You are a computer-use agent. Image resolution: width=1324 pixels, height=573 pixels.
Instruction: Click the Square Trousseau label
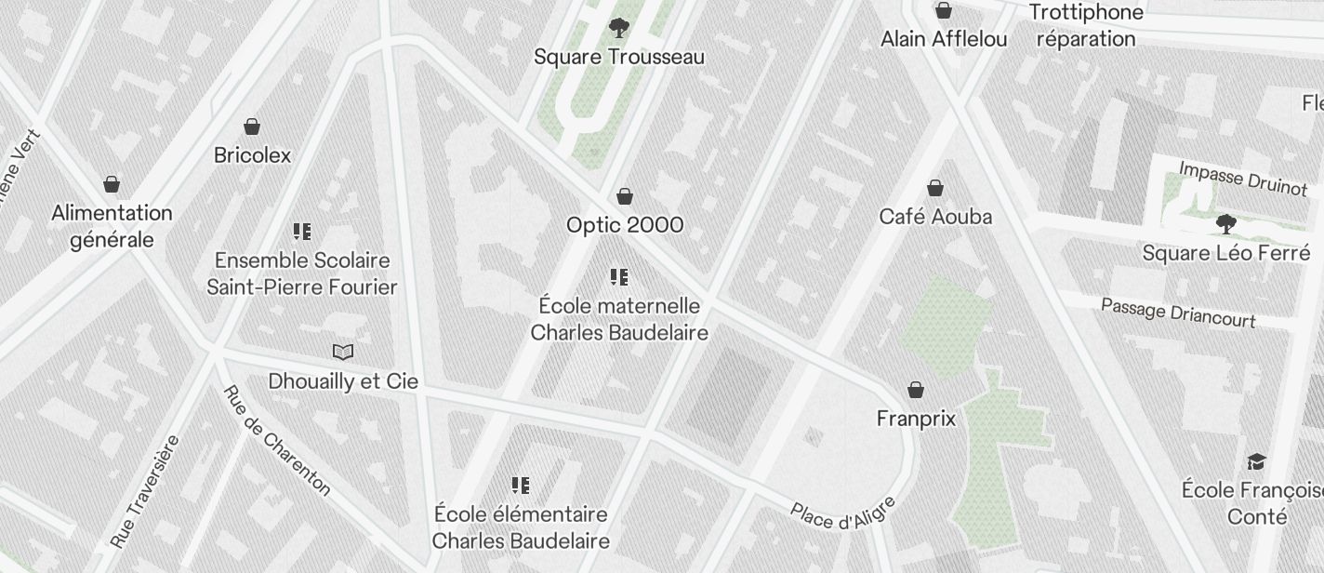coord(618,57)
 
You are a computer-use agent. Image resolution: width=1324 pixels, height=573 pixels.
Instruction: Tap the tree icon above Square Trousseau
coord(618,28)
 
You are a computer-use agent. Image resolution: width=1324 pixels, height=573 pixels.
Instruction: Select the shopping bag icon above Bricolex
coord(252,126)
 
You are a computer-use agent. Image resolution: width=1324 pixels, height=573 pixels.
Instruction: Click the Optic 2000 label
coord(625,225)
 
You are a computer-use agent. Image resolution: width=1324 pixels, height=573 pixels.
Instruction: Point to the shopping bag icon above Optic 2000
coord(625,196)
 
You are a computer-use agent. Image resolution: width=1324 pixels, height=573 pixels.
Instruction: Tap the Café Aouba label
coord(935,217)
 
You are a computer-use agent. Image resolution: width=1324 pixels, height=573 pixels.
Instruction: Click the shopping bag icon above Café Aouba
coord(935,188)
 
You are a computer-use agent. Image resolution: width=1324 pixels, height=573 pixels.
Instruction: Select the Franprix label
coord(916,419)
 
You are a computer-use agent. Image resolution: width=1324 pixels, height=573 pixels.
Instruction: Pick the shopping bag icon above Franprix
coord(916,389)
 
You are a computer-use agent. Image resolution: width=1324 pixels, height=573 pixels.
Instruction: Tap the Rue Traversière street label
coord(144,491)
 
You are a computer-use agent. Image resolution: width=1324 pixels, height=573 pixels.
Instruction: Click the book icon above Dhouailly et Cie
coord(343,352)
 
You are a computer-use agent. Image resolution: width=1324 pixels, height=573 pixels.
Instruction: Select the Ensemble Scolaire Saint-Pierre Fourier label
coord(302,273)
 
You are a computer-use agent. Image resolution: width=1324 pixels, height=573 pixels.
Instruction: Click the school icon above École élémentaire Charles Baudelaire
coord(521,485)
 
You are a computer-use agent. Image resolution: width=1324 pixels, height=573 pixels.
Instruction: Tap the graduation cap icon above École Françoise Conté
coord(1256,461)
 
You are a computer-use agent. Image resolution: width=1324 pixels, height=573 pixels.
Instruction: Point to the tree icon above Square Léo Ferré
coord(1225,223)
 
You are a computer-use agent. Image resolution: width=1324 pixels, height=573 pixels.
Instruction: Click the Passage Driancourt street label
coord(1178,313)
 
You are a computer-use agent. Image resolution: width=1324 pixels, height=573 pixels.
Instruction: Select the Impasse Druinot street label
coord(1242,178)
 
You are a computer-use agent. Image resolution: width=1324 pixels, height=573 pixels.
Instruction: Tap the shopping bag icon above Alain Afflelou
coord(944,10)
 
